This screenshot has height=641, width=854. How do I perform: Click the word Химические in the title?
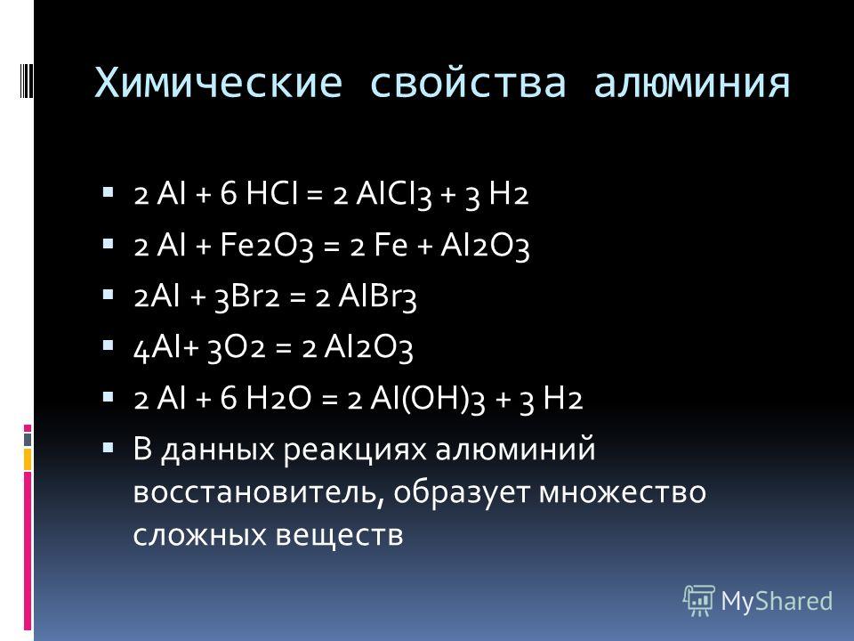[x=219, y=83]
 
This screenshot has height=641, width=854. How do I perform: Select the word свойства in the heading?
[x=468, y=84]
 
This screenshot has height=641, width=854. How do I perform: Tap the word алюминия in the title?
[x=692, y=84]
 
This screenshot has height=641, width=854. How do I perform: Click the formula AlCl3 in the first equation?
[x=394, y=194]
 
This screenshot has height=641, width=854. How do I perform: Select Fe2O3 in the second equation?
[x=267, y=246]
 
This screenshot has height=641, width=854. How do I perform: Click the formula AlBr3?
[x=377, y=297]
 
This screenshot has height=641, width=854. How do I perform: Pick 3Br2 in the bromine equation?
[x=246, y=297]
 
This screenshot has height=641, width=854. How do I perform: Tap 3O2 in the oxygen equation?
[x=237, y=349]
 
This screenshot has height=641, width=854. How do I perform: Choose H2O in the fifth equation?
[x=278, y=398]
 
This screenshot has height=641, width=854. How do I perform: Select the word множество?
[x=623, y=491]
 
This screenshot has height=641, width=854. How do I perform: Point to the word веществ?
[x=339, y=535]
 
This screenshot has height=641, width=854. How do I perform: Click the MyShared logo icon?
[x=699, y=601]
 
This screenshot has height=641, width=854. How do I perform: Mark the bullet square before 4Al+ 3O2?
[x=108, y=345]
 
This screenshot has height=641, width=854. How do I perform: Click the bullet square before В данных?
[x=108, y=448]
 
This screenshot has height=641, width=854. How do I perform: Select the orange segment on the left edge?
[x=28, y=459]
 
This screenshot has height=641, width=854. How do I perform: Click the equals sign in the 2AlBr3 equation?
[x=298, y=298]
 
